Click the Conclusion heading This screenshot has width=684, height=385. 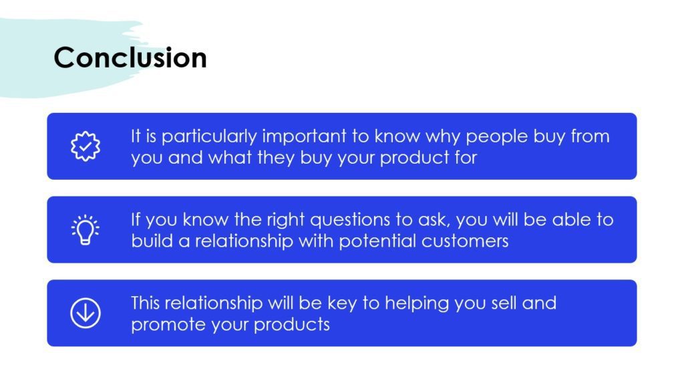(x=130, y=57)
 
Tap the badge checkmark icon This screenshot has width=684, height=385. (x=85, y=146)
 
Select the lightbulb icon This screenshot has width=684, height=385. (x=85, y=230)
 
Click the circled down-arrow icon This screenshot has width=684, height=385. (x=85, y=313)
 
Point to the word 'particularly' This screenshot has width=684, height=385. (x=209, y=136)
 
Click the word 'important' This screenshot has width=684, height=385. (x=304, y=136)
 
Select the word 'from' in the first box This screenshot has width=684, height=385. (x=590, y=136)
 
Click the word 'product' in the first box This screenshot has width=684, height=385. (x=414, y=158)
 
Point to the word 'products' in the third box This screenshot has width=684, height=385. (x=292, y=325)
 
